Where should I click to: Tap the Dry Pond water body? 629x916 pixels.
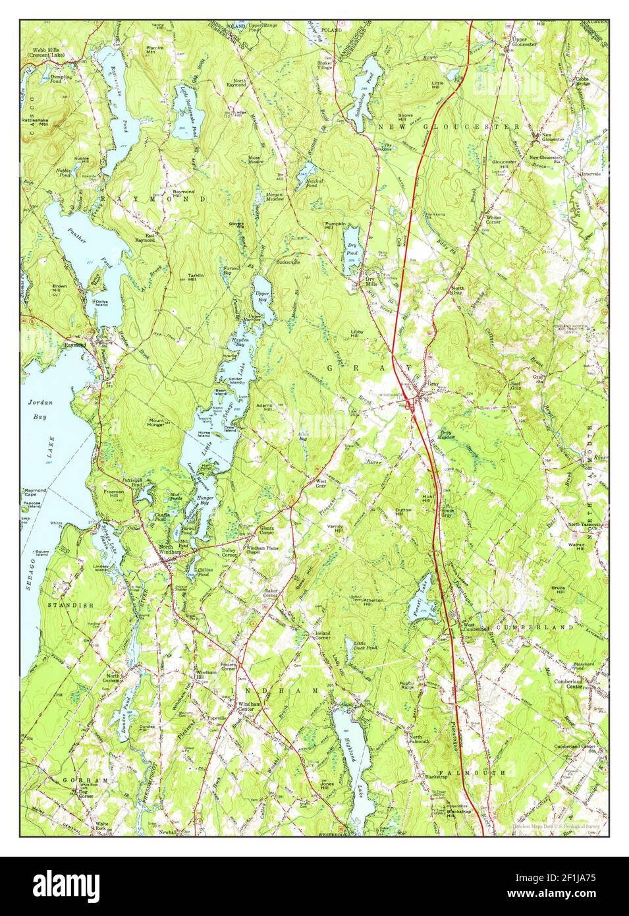(x=352, y=250)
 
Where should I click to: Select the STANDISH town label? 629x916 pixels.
(x=70, y=604)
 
